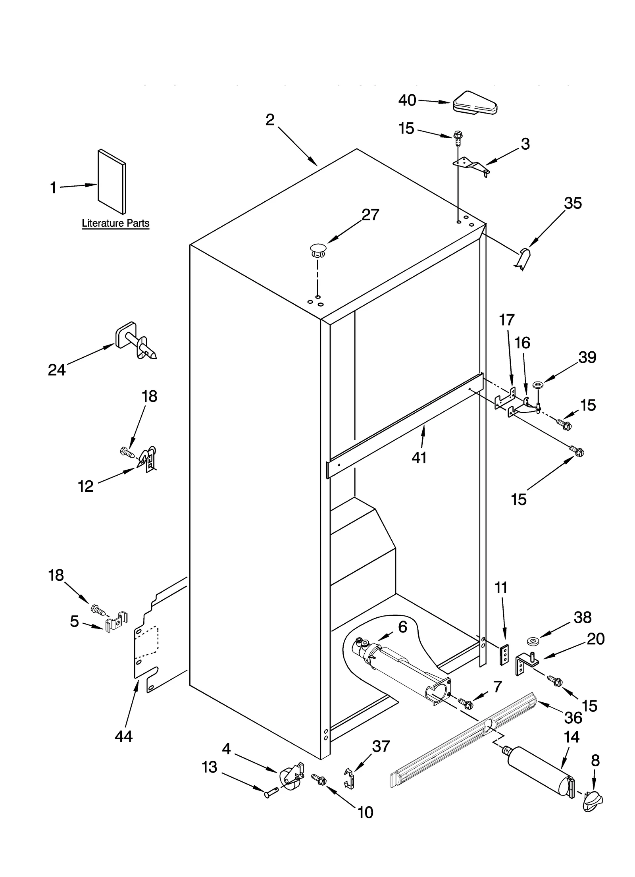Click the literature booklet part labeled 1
click(112, 181)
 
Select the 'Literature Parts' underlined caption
click(115, 223)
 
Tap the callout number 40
click(407, 100)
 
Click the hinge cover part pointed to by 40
click(475, 104)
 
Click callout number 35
click(573, 203)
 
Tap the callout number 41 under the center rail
click(419, 457)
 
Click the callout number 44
click(123, 736)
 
